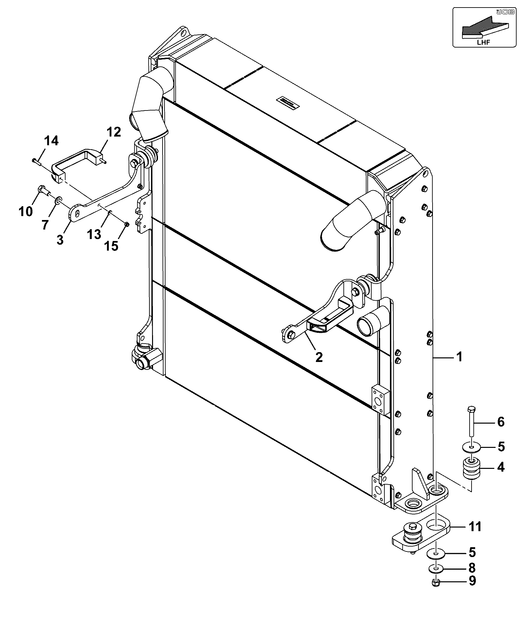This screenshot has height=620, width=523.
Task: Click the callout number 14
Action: click(51, 141)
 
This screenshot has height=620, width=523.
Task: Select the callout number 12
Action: click(113, 132)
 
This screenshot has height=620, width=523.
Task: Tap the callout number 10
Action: click(26, 211)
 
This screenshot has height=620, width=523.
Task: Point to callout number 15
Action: click(111, 245)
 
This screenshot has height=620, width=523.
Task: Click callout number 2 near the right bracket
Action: click(319, 357)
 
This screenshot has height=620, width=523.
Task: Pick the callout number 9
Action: click(472, 581)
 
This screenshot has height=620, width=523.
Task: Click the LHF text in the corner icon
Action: click(483, 42)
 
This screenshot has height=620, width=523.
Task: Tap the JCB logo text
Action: click(502, 12)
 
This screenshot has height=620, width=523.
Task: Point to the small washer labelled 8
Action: click(436, 568)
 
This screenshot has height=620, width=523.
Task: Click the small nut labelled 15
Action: click(127, 224)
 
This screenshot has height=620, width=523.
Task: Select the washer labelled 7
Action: click(59, 200)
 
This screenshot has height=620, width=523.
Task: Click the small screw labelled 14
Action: click(36, 161)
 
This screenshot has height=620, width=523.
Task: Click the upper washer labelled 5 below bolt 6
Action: click(471, 447)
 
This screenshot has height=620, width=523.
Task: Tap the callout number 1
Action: click(459, 357)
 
